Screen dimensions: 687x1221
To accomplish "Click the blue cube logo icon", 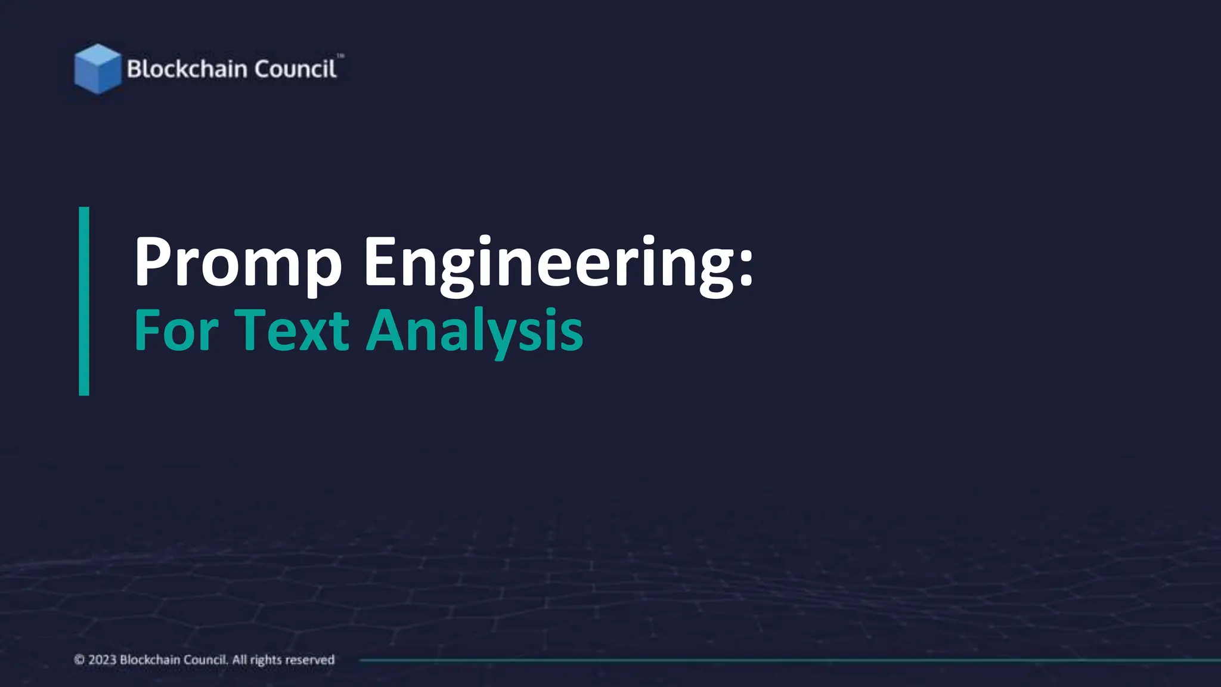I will tap(97, 69).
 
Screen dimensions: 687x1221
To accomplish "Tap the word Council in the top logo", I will tap(296, 69).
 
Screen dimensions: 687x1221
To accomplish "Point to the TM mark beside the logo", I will tap(340, 56).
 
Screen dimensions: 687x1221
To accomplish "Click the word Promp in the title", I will tap(238, 262).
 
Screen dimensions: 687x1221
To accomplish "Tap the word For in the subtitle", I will tap(176, 330).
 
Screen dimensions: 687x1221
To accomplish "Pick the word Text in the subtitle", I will tap(292, 330).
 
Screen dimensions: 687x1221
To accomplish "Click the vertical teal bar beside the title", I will tap(84, 301).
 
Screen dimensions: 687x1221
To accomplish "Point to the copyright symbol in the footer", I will tap(79, 660).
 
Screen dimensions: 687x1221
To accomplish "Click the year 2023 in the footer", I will tap(102, 660).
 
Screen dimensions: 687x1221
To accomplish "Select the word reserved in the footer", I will tap(308, 660).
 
